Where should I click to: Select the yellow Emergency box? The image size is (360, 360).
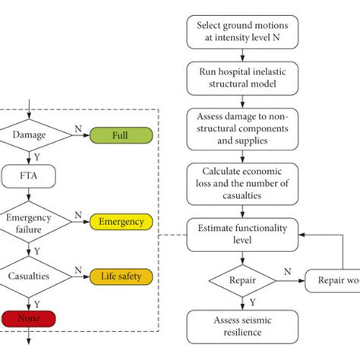pos(122,223)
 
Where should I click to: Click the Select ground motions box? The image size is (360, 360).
pos(243,32)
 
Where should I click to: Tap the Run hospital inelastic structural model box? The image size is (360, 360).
pos(243,79)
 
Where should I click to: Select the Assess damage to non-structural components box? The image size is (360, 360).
pos(243,127)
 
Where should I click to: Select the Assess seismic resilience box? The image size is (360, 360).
pos(243,326)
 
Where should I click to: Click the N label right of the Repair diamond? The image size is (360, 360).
pos(286,271)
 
